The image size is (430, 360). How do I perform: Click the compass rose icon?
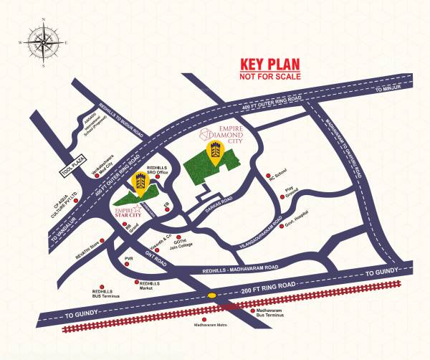42,41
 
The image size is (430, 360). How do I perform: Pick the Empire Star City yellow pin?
140,186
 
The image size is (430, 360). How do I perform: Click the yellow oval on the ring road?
212,295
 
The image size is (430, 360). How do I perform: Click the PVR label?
129,257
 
